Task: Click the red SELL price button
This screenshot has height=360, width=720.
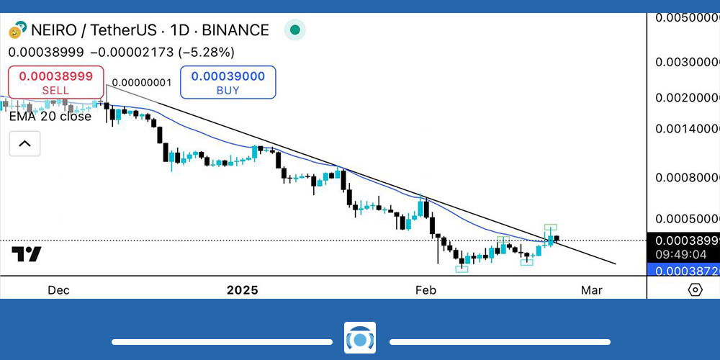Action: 55,82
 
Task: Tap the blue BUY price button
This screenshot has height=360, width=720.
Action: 228,82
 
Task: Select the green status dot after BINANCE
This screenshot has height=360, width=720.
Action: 294,30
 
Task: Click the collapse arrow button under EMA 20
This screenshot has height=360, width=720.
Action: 24,144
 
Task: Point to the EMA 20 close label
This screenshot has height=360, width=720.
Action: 50,116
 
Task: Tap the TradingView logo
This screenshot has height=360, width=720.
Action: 27,254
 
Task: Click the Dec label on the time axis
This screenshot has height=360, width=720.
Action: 58,290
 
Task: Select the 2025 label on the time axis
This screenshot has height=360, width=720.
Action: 242,290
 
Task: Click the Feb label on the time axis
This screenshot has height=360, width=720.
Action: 426,290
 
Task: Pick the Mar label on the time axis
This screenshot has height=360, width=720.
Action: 591,290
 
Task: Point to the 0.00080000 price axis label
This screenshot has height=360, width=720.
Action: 687,176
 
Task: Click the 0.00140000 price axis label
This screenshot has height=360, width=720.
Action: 687,129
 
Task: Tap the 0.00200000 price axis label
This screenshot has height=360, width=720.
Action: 687,97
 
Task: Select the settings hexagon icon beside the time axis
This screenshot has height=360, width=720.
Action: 695,289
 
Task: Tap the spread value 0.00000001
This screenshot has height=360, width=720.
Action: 142,83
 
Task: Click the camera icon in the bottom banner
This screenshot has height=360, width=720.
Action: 359,338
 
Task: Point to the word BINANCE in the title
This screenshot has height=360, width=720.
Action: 235,30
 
